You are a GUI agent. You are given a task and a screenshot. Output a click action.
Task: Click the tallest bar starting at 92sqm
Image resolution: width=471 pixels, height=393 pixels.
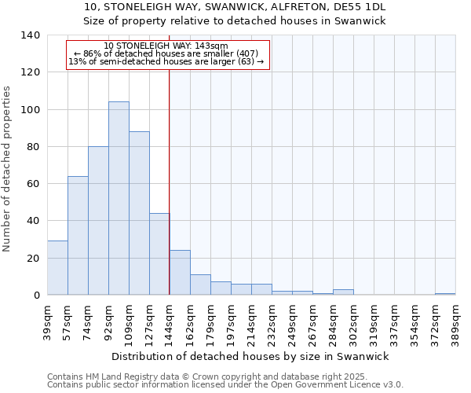(x=119, y=198)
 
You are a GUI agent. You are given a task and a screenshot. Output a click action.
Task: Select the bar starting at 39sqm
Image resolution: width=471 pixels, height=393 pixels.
(x=57, y=268)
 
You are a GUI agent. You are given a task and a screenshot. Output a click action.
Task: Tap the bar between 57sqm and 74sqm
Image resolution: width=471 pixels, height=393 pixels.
(x=78, y=236)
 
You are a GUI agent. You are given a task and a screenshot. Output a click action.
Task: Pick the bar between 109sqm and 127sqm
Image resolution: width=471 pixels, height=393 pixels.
(x=139, y=213)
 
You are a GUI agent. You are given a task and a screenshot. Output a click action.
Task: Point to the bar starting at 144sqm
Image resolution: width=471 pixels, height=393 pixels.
(x=180, y=273)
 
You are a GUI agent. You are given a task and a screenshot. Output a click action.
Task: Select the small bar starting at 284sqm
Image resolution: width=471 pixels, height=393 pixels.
(x=343, y=292)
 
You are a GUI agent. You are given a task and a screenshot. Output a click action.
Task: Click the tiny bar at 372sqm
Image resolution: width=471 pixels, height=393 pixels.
(x=445, y=294)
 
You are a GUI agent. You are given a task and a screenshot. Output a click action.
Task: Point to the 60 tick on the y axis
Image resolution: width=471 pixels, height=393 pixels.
(x=34, y=184)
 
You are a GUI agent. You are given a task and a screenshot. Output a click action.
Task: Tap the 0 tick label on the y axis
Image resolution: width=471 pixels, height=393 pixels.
(x=37, y=296)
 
